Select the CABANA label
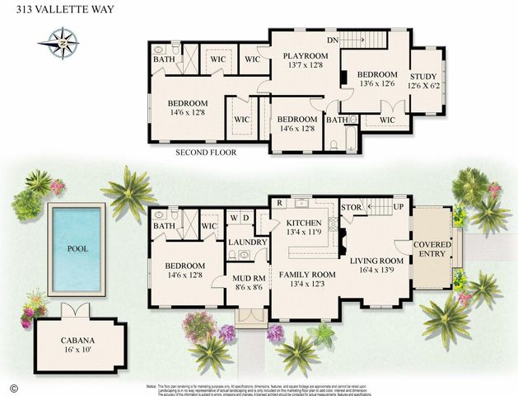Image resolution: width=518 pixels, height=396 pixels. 80,339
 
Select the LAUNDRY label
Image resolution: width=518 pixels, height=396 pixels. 248,243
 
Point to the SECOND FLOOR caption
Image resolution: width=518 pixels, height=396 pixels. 207,153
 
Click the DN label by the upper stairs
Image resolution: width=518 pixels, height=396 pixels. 332,39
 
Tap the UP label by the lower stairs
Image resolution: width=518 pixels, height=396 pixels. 399,206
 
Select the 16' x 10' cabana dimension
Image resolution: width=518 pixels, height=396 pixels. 80,350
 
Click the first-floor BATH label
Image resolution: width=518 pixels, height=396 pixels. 164,225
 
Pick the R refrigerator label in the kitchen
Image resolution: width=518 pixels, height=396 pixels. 280,202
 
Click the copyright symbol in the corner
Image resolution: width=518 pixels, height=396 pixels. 12,386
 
